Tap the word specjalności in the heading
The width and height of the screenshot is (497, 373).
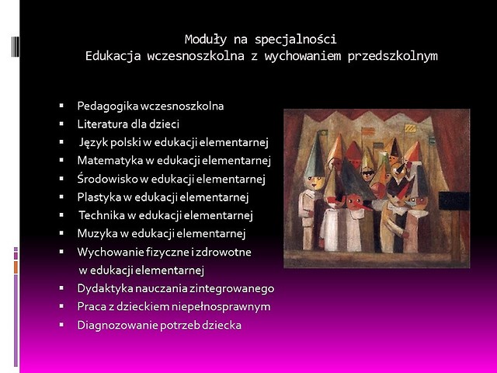[295, 40]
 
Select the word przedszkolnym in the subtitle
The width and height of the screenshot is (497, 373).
[393, 57]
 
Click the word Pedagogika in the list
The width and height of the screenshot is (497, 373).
[107, 106]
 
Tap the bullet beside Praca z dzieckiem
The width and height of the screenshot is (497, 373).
[61, 306]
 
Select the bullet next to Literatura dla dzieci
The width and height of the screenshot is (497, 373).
[61, 124]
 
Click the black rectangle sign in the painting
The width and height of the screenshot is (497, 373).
[454, 200]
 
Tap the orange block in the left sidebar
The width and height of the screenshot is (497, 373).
[16, 267]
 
